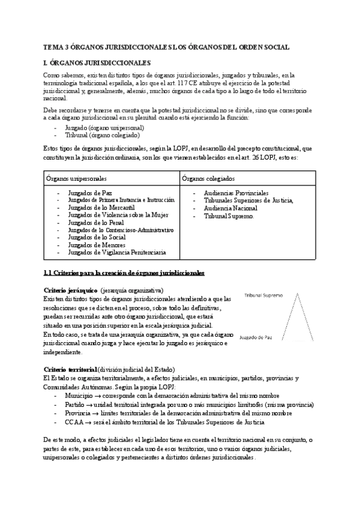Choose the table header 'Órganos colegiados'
click(208, 179)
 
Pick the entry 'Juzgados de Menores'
click(97, 245)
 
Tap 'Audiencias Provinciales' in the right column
click(236, 193)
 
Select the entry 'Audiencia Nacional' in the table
click(230, 208)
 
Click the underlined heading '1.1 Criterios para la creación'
click(124, 273)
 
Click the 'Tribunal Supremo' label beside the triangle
click(264, 296)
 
